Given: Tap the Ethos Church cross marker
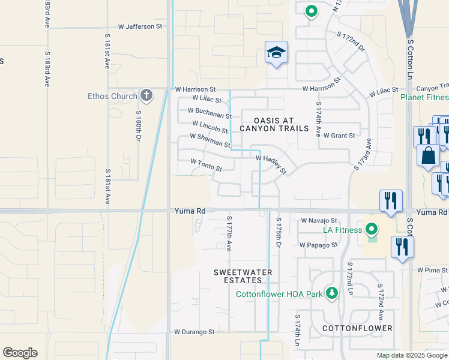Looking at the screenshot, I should click(146, 95).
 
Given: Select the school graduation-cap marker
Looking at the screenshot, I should click(276, 53).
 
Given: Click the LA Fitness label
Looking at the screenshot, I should click(342, 230).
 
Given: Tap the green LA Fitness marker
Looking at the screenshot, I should click(371, 229).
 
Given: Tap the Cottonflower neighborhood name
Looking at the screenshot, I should click(357, 328).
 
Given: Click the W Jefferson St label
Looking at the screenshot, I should click(140, 26).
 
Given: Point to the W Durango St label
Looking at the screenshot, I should click(194, 332).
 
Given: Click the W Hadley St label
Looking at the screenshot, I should click(272, 164).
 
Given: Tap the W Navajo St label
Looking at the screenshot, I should click(319, 221).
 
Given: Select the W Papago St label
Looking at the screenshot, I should click(319, 245).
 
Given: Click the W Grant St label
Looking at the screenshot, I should click(339, 136).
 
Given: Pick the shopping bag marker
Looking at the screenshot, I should click(429, 155).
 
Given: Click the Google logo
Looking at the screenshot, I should click(20, 353).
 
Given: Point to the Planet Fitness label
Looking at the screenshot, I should click(424, 97).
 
